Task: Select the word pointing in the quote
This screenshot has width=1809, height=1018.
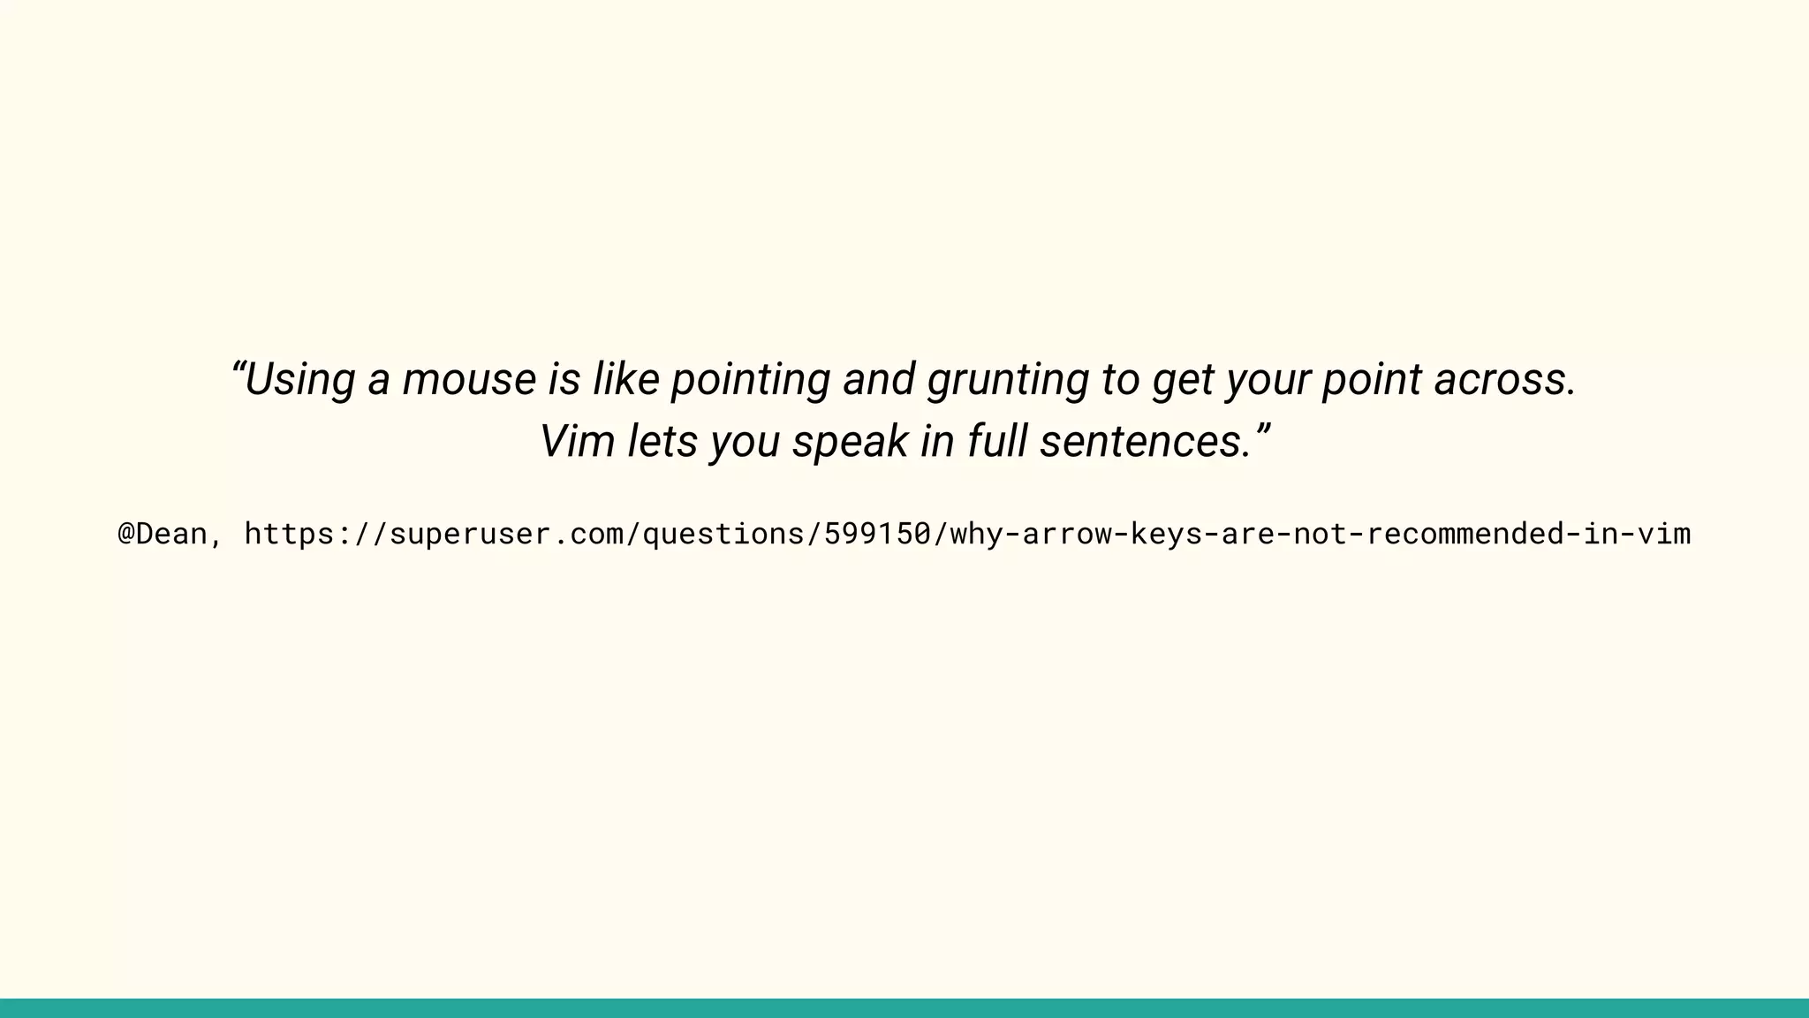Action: tap(750, 381)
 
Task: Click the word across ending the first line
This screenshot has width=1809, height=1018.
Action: tap(1503, 379)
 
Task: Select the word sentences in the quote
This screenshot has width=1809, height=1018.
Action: tap(1145, 441)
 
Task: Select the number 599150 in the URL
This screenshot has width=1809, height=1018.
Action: tap(877, 534)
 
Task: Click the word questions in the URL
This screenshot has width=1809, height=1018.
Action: tap(723, 534)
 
